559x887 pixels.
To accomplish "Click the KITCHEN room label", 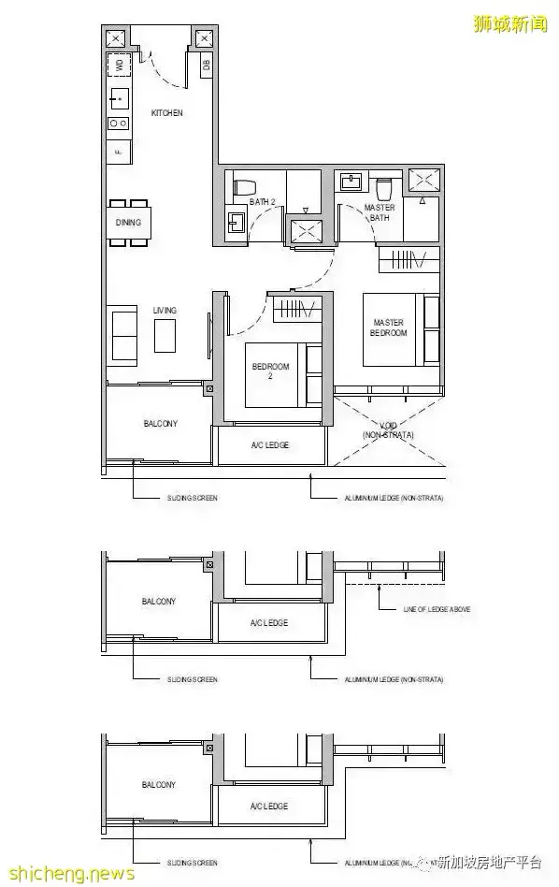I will coord(166,113).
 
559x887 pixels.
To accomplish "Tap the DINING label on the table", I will coord(128,223).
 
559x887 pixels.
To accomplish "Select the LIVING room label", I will coord(165,310).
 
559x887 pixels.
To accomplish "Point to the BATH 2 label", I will coord(262,201).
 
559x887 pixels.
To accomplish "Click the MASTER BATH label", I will coord(379,212).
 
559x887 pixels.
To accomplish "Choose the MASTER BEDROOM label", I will coord(388,327).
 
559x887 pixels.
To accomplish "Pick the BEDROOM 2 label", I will coord(270,371).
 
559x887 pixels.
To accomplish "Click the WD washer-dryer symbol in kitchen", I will coord(119,65).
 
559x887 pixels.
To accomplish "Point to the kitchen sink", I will coord(119,96).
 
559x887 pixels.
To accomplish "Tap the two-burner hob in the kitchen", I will coord(119,123).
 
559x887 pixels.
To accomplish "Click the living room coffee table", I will coord(165,336).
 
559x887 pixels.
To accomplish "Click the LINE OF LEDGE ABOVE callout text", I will coord(437,609).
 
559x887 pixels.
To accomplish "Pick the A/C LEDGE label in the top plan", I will coord(270,445).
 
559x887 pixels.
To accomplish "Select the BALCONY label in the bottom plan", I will coord(159,784).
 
